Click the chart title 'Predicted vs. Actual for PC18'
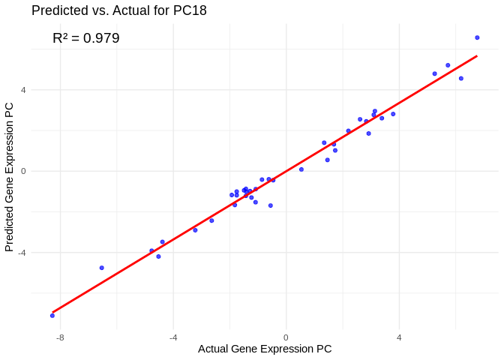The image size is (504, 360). coord(119,10)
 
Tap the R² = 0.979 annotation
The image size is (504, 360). coord(85,38)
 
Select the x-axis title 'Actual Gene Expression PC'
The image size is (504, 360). coord(265,349)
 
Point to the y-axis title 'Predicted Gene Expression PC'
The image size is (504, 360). coord(10,177)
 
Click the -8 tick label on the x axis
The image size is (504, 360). coord(59,337)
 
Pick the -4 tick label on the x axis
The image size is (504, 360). coord(172,337)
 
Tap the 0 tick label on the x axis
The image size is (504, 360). coord(286,337)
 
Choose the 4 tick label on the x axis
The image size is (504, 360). coord(399,337)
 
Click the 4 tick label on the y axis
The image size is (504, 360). coord(23,90)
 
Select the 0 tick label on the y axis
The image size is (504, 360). coord(23,171)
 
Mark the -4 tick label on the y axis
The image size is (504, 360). coord(22,252)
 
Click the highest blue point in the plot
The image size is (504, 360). coord(477,37)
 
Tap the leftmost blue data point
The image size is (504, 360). coord(52,316)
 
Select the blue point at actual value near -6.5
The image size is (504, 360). coord(102,268)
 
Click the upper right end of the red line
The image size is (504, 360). coord(477,55)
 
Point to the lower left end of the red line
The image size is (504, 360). coord(52,312)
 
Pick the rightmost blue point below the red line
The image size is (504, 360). coord(461,78)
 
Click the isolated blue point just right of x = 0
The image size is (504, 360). coord(301,169)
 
